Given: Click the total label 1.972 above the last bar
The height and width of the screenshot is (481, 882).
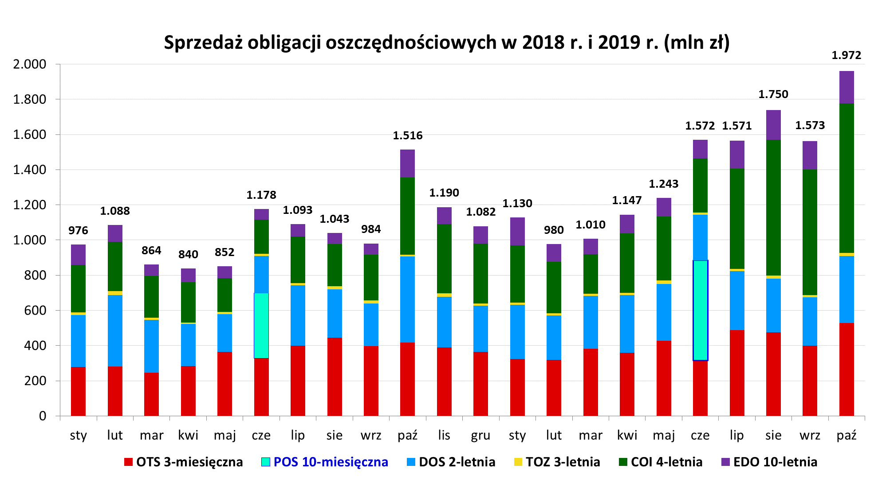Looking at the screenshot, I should pos(846,55).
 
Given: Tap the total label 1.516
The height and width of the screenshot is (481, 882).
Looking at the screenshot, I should pos(407,136).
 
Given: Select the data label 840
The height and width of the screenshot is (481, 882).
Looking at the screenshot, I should pos(188,255).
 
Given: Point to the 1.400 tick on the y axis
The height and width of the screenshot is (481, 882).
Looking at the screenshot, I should pos(29,170).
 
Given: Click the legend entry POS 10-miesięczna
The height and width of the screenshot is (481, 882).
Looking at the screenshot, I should pos(331,462).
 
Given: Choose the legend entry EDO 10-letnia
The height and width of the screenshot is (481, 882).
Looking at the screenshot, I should pos(775,462).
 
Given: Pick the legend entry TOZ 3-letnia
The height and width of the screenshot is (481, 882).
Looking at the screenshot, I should pos(563,462).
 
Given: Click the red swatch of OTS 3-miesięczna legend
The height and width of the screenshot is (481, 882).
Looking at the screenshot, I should pos(128,462).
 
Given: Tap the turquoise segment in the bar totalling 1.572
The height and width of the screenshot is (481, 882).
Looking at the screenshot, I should pos(700,311).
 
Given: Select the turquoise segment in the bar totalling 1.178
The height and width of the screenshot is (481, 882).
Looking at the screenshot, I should pos(261,325).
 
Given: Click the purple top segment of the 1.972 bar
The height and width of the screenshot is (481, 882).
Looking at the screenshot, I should pos(846,87).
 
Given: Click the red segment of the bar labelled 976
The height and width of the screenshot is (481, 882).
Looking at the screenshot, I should pos(78,391).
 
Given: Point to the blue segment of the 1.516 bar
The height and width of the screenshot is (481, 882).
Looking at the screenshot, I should pos(407,300).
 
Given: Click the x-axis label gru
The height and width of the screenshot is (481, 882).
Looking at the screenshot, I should pos(480,435).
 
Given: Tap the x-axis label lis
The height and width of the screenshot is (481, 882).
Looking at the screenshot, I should pos(444,435).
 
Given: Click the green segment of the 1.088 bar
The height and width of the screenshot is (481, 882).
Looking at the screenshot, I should pos(115,266).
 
